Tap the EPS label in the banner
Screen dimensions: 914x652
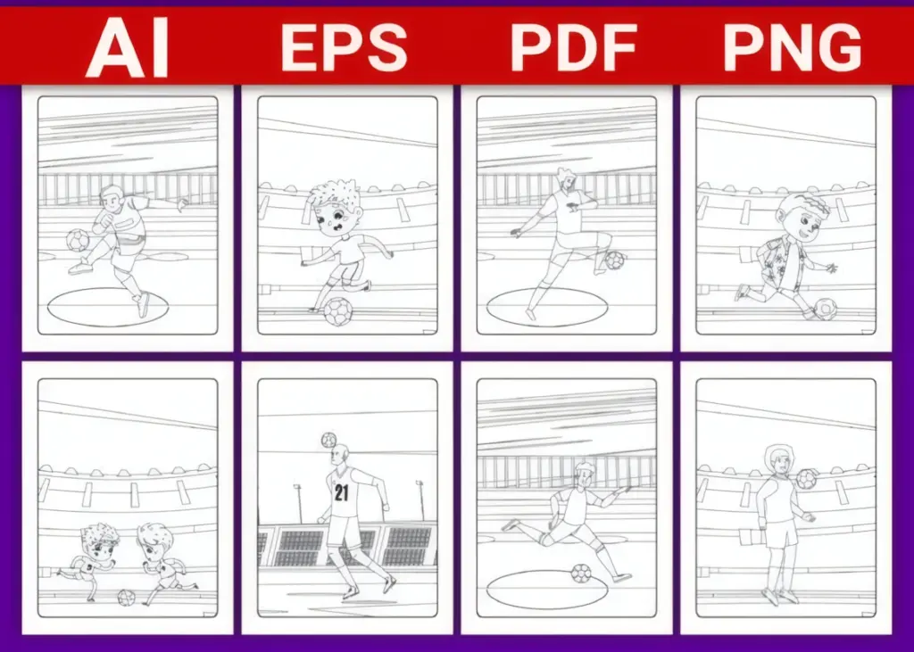(344, 48)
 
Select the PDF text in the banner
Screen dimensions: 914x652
(573, 48)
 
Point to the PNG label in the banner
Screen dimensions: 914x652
(793, 48)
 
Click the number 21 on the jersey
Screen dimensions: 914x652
(341, 493)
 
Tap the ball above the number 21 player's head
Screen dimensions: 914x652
(328, 440)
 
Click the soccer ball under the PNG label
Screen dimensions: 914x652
(825, 309)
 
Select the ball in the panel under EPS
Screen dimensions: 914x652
(338, 311)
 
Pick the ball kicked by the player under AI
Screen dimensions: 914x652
(77, 240)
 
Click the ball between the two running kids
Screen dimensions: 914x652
(126, 598)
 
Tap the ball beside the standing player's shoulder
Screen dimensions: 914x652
(806, 479)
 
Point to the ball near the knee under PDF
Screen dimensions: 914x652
(614, 260)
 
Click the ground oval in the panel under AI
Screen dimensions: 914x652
(108, 307)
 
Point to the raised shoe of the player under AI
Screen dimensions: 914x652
(79, 267)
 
